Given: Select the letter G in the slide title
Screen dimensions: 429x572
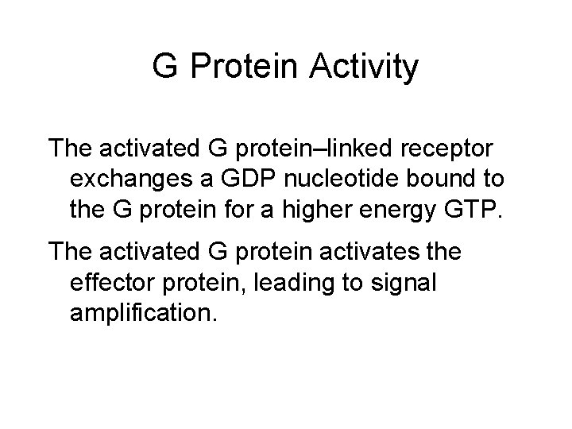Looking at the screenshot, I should pos(164,68).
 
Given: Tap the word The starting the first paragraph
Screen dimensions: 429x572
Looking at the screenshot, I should pos(71,148).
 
